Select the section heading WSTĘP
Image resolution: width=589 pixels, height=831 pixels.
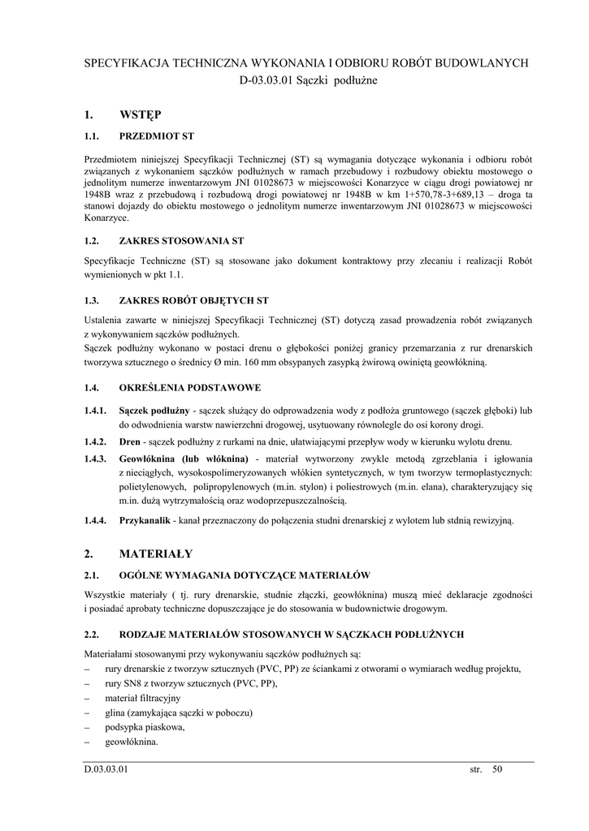pyautogui.click(x=141, y=114)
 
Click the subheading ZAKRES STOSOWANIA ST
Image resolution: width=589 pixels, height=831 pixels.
pyautogui.click(x=181, y=241)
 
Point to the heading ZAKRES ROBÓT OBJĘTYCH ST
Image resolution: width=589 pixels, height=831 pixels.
pyautogui.click(x=193, y=300)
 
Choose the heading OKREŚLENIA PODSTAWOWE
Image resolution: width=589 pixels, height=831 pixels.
pyautogui.click(x=189, y=388)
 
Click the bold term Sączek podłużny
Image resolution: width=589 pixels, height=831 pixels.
pyautogui.click(x=154, y=411)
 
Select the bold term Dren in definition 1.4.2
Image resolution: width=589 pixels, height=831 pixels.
pyautogui.click(x=130, y=441)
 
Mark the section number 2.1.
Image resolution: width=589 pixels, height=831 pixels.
pyautogui.click(x=91, y=575)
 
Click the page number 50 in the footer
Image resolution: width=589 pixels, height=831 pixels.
pyautogui.click(x=497, y=770)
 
